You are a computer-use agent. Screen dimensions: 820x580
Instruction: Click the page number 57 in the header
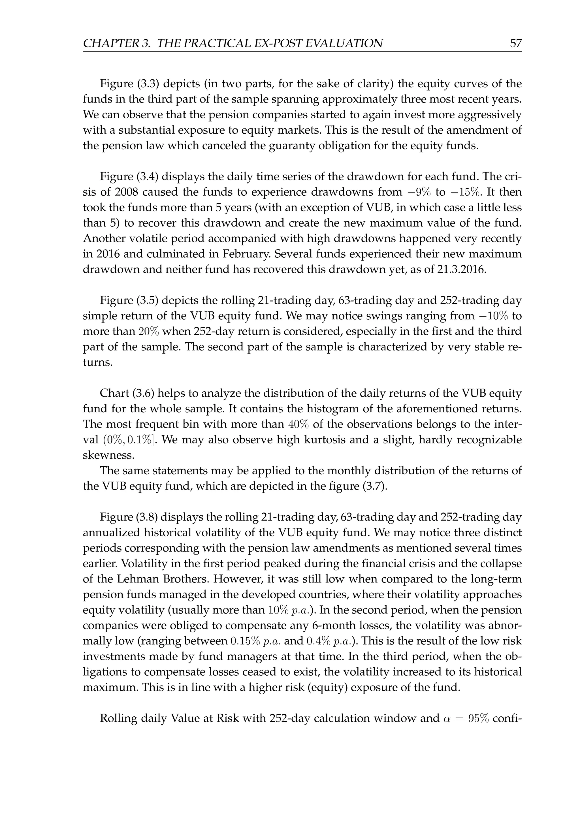click(x=516, y=44)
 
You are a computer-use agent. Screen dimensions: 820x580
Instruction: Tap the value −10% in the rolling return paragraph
click(x=491, y=316)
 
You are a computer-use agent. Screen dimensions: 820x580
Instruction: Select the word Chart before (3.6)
click(x=114, y=393)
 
